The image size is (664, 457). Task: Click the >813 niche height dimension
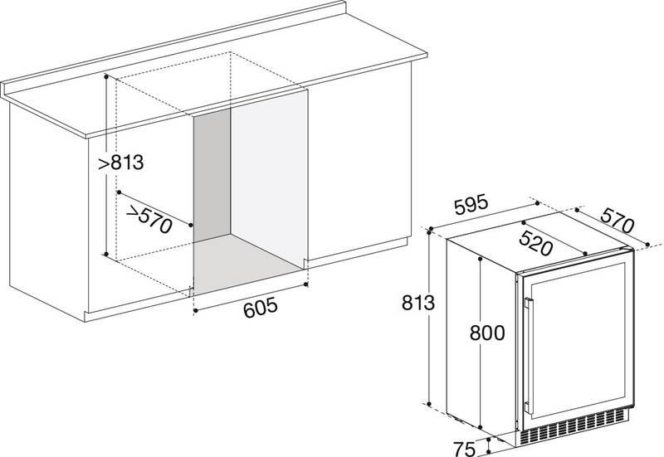pos(121,162)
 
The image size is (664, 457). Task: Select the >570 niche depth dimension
pos(149,219)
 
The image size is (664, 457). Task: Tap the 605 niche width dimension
pos(261,308)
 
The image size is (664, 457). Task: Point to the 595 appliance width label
pos(471,205)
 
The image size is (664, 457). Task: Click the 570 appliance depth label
pos(617,220)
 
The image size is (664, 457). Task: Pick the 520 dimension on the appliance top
pos(535,243)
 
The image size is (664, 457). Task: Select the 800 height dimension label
pos(487,333)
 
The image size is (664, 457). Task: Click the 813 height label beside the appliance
pos(418,303)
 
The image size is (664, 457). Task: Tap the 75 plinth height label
pos(464,449)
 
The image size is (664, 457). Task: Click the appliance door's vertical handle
pos(528,356)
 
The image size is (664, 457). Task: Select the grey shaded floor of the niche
pos(247,263)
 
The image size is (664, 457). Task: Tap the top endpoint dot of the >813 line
pos(106,76)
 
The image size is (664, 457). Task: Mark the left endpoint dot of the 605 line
pos(195,311)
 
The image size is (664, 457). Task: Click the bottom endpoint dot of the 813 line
pos(429,405)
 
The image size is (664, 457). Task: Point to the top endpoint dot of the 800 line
pos(481,258)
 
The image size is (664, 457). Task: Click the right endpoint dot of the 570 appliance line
pos(647,244)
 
